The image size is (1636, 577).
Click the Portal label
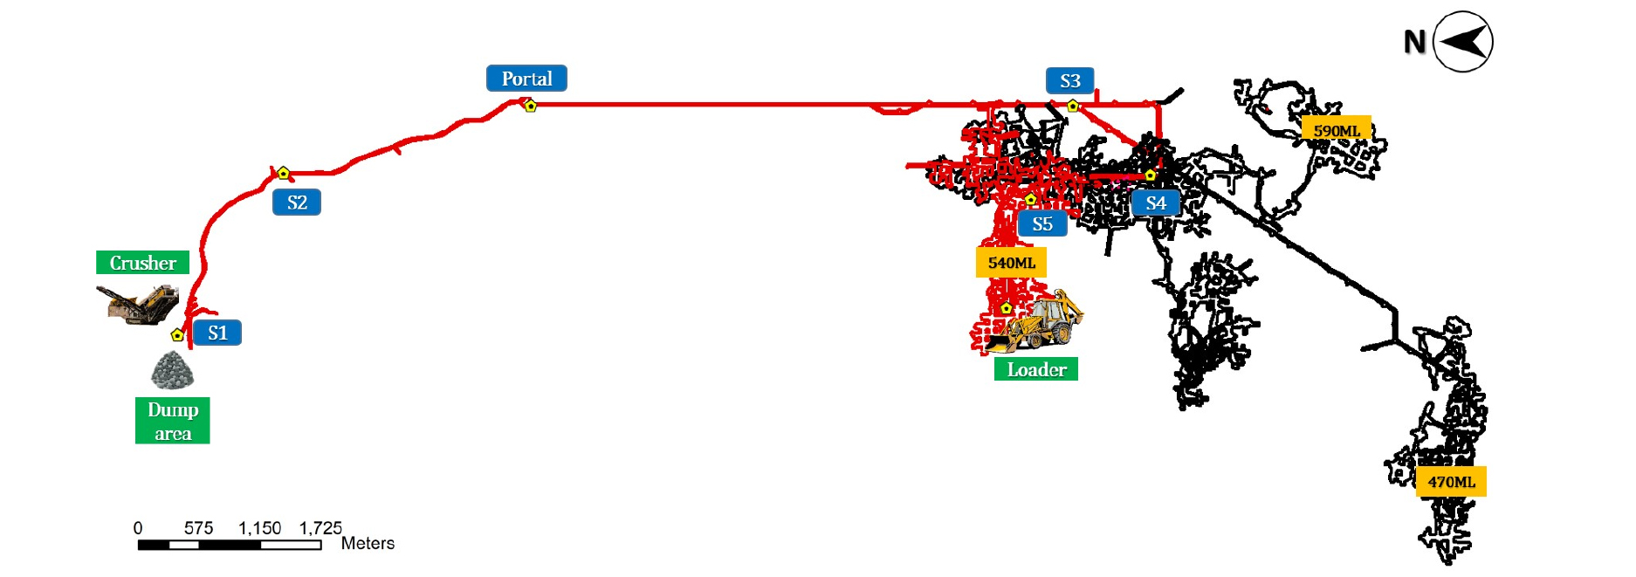tap(526, 79)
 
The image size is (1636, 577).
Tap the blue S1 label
tap(217, 333)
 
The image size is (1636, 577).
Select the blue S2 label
tap(297, 203)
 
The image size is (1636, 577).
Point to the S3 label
tap(1070, 80)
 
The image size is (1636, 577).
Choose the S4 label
tap(1156, 203)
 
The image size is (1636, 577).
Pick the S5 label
tap(1042, 223)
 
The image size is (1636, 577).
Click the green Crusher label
tap(142, 263)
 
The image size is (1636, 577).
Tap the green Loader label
tap(1036, 369)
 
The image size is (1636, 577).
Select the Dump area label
tap(173, 421)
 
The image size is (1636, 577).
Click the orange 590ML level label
tap(1337, 131)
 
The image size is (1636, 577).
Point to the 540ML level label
tap(1011, 263)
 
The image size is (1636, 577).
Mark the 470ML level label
tap(1451, 482)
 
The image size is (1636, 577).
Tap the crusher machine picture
tap(137, 303)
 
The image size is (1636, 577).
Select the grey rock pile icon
tap(172, 370)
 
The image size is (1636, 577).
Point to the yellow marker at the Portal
tap(530, 106)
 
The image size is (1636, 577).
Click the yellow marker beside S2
tap(283, 173)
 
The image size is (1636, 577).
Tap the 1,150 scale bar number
tap(260, 528)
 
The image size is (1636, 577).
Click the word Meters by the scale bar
tap(368, 543)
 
